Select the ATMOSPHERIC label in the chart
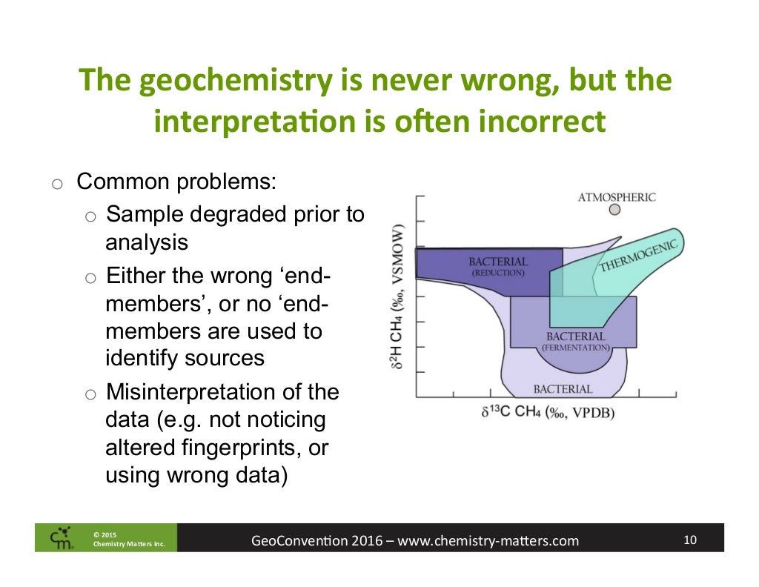coord(617,197)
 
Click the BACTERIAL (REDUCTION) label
coord(497,267)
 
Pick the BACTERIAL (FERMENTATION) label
coord(575,341)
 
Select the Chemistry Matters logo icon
coord(62,538)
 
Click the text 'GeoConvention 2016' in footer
coord(316,540)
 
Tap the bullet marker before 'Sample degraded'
coord(90,216)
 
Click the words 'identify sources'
coord(185,358)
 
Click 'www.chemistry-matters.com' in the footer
coord(488,540)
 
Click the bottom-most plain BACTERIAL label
coord(563,388)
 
